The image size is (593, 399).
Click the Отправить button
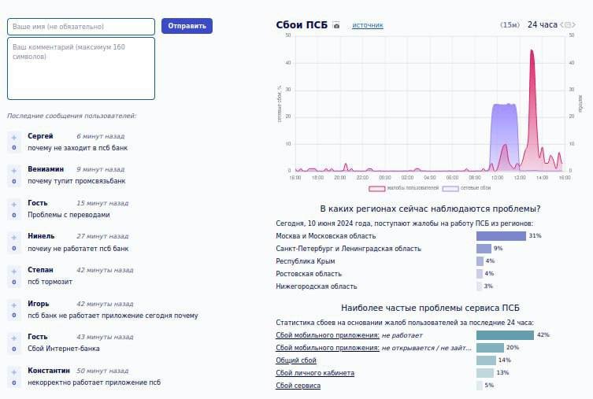[187, 26]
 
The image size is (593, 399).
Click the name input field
[81, 26]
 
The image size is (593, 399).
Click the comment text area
[81, 68]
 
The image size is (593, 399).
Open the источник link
[368, 25]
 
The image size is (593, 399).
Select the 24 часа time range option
[542, 25]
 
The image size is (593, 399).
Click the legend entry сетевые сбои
[467, 189]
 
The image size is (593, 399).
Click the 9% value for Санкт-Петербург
[498, 248]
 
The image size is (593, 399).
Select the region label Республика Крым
[306, 260]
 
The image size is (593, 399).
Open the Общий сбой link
[296, 360]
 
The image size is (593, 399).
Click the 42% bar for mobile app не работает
[505, 334]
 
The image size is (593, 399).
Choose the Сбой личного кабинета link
[315, 372]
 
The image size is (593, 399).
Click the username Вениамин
[46, 168]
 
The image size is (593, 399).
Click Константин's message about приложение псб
[94, 382]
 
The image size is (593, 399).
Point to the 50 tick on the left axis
[288, 35]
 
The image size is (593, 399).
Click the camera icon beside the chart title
[336, 25]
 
